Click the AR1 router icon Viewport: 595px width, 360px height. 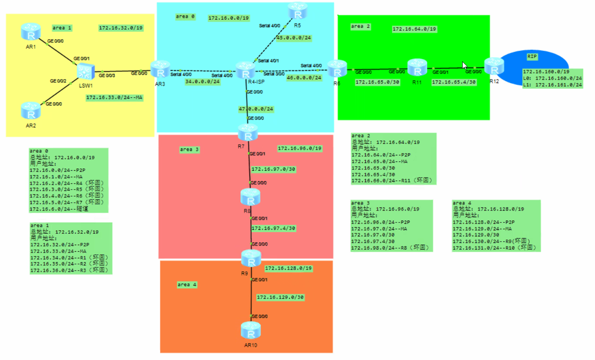coord(31,32)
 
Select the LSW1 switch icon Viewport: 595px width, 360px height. coord(86,71)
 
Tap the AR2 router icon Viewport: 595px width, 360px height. coord(31,111)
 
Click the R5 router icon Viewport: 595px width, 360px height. coord(297,11)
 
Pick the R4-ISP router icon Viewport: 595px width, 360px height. coord(245,70)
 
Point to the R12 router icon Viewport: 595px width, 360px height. coord(494,66)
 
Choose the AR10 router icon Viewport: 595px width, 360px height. coord(250,331)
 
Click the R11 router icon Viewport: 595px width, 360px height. coord(417,67)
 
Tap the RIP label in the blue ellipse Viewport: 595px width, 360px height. coord(532,56)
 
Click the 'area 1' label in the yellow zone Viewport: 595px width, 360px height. coord(62,28)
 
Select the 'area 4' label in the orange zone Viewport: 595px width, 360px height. coord(187,285)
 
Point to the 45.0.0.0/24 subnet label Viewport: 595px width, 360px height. coord(294,38)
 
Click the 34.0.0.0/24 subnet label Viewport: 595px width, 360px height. coord(202,81)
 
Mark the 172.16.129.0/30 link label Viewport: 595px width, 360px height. coord(280,297)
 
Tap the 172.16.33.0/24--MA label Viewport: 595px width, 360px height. coord(114,97)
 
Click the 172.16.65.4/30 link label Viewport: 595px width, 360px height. coord(454,82)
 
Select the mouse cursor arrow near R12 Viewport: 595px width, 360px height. coord(464,65)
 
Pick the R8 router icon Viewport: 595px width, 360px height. coord(250,197)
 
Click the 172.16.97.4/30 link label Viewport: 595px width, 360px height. coord(273,228)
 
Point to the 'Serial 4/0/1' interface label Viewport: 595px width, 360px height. coord(268,61)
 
